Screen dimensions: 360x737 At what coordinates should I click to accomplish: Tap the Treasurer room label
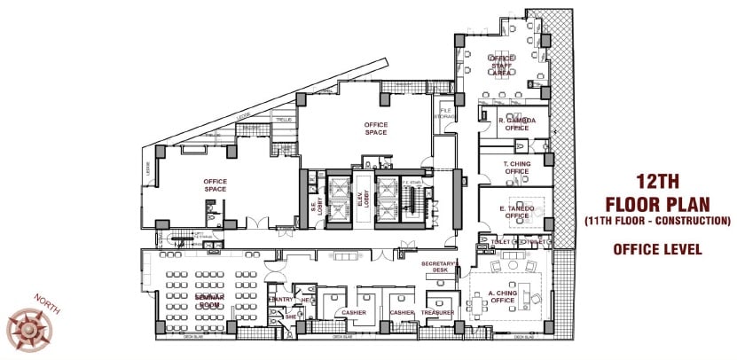click(438, 313)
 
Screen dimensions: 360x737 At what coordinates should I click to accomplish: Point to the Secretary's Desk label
click(438, 267)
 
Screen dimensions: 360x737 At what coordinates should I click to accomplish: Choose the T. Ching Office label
click(517, 168)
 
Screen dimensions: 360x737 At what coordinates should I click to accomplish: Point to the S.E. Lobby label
click(314, 207)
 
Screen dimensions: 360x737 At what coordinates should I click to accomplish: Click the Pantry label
click(281, 300)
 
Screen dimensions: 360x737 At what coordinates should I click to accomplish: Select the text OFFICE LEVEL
click(657, 250)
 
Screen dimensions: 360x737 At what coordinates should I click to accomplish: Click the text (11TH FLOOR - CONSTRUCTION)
click(657, 219)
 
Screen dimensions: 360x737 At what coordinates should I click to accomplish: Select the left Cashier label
click(354, 313)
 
